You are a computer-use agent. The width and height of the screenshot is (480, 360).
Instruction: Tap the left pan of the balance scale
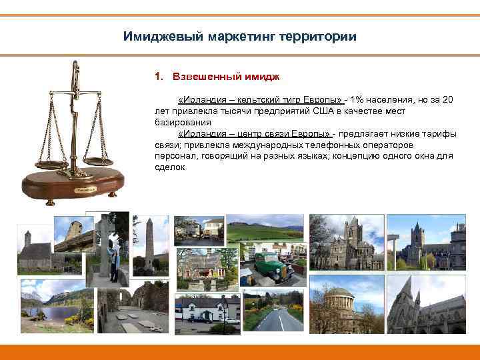[x=52, y=163]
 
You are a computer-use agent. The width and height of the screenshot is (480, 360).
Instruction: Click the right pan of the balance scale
[x=98, y=160]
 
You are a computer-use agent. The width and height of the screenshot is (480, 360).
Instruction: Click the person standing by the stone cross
[x=115, y=261]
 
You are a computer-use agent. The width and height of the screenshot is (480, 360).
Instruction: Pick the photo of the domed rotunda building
[x=346, y=305]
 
